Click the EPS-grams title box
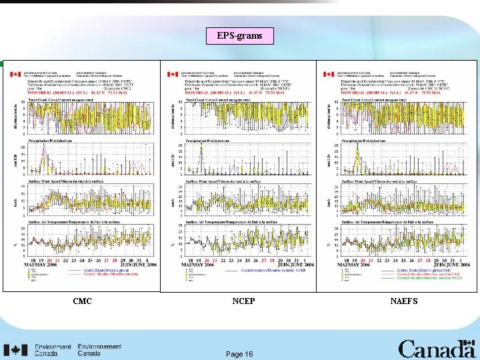(x=240, y=36)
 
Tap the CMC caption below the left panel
(x=82, y=301)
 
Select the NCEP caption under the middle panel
(x=244, y=301)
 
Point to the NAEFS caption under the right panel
(x=404, y=301)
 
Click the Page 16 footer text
(x=239, y=354)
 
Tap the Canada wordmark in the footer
(x=437, y=349)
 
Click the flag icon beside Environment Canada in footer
(x=15, y=350)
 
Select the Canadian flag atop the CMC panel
(x=15, y=74)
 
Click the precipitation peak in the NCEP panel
(x=201, y=148)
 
